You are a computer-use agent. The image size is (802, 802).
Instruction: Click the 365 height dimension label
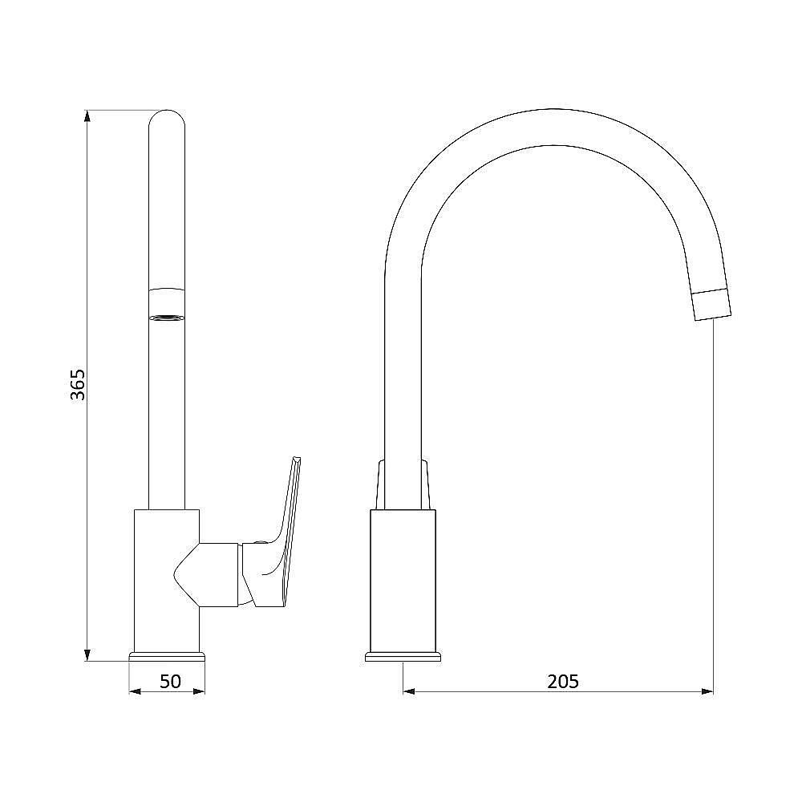(x=78, y=384)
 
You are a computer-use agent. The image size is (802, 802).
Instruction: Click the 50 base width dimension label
(x=170, y=681)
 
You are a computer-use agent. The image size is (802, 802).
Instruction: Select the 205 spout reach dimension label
(x=563, y=681)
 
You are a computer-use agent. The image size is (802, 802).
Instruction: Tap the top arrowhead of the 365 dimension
(x=87, y=115)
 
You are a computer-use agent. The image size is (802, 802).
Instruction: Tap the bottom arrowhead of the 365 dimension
(x=87, y=655)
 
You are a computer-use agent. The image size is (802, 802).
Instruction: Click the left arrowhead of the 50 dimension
(x=135, y=691)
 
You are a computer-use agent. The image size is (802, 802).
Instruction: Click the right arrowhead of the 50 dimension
(x=198, y=691)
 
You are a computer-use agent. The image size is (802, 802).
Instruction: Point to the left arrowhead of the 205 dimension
(x=410, y=691)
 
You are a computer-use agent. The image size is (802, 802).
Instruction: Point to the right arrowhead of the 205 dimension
(x=707, y=691)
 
